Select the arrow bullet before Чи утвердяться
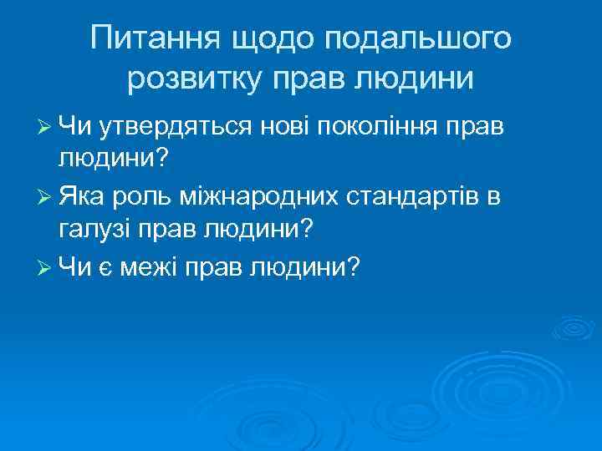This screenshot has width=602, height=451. [x=47, y=126]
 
